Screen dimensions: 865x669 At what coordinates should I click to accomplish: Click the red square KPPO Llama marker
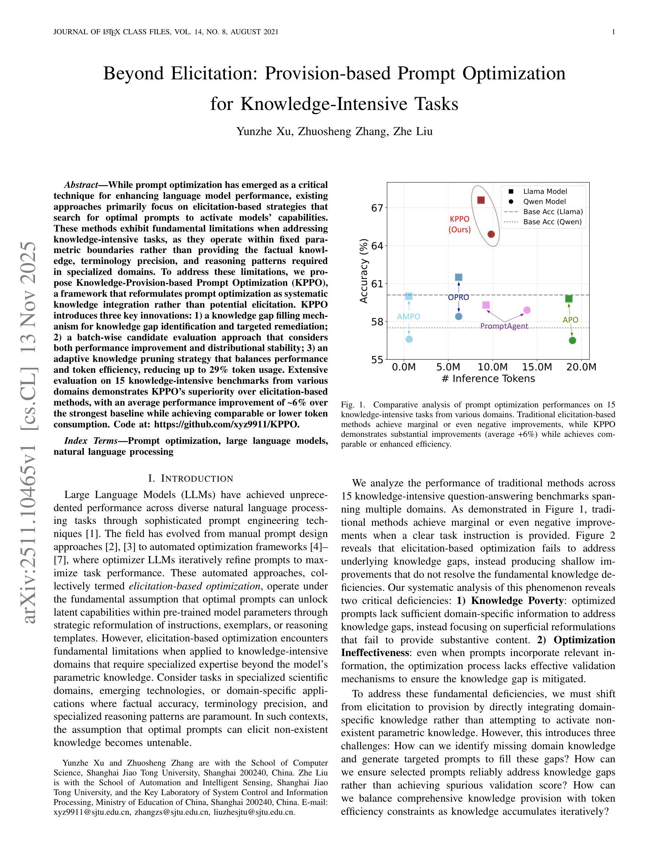click(481, 200)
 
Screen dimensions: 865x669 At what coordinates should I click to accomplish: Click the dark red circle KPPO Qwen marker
click(491, 234)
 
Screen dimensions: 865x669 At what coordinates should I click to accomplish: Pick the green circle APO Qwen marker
click(572, 340)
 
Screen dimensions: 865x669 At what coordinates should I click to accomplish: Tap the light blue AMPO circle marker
click(410, 339)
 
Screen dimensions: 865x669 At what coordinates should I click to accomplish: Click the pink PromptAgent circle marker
click(527, 310)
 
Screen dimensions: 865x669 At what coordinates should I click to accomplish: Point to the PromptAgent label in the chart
click(504, 326)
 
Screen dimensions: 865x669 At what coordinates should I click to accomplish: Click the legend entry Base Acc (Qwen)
click(552, 222)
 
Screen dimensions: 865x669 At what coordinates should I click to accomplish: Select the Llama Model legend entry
click(545, 191)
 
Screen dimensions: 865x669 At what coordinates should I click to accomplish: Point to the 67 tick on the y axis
click(377, 208)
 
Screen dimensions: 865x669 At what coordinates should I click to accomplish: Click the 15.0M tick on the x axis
click(537, 367)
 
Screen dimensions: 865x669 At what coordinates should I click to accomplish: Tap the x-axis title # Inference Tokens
click(488, 379)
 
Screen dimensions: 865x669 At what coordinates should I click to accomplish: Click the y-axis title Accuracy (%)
click(364, 271)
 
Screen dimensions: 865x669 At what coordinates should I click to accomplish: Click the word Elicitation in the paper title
click(214, 74)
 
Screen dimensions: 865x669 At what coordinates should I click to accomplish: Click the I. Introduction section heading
click(191, 478)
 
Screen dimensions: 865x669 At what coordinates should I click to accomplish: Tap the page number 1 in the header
click(614, 32)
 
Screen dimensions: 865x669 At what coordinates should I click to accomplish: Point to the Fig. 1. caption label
click(352, 405)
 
